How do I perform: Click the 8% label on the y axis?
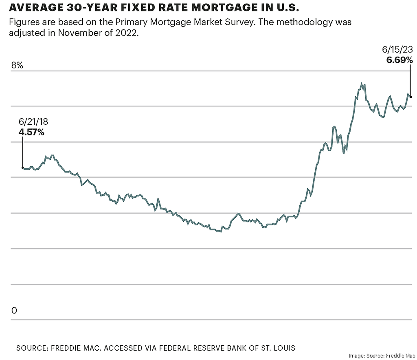[x=17, y=65]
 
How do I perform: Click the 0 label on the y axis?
[x=14, y=311]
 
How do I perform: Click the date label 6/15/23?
[x=397, y=50]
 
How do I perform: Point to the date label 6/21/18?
[x=33, y=122]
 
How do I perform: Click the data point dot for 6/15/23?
[x=411, y=97]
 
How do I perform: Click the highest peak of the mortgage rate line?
[x=361, y=84]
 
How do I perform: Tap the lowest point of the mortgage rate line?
[x=220, y=232]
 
